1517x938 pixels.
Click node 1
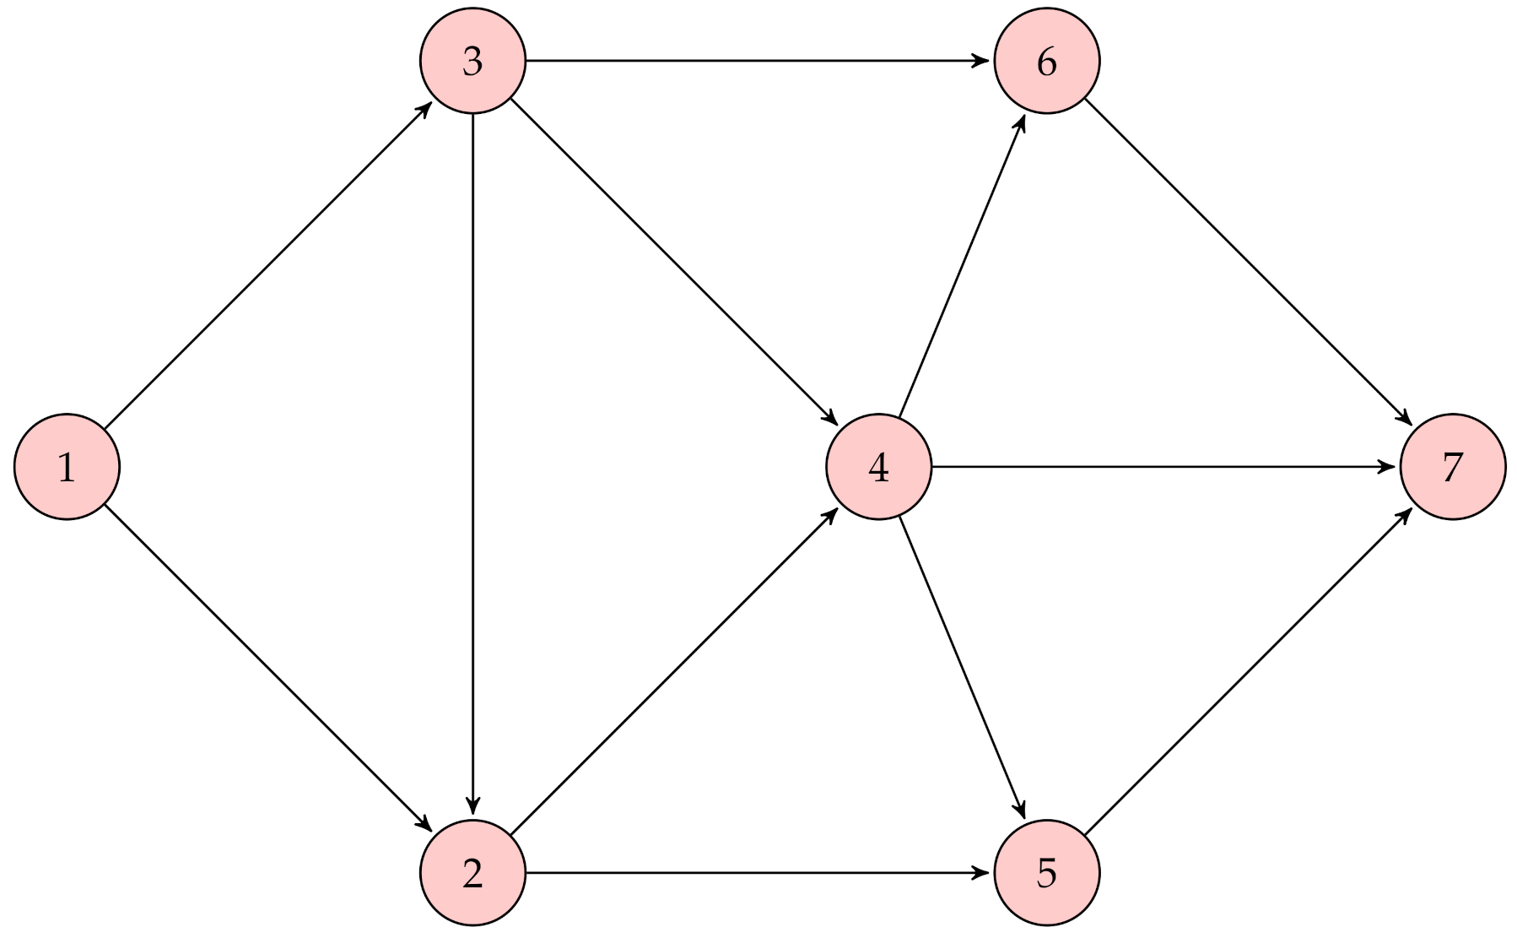pos(67,467)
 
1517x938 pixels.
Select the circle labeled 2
pos(472,873)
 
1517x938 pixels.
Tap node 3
pos(472,61)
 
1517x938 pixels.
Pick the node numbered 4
pos(878,467)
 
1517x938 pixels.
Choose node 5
pos(1047,873)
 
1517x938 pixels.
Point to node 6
pos(1047,61)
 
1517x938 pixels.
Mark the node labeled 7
pos(1452,467)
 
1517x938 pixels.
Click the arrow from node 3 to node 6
pos(759,61)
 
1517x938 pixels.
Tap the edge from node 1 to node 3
pos(270,263)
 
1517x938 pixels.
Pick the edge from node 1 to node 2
pos(270,670)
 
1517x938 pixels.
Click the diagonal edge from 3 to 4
pos(675,263)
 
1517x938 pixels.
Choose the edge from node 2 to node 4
pos(675,670)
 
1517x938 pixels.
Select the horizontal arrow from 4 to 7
pos(1164,467)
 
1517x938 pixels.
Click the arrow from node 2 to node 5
pos(759,873)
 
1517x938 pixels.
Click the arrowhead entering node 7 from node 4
pos(1388,467)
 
